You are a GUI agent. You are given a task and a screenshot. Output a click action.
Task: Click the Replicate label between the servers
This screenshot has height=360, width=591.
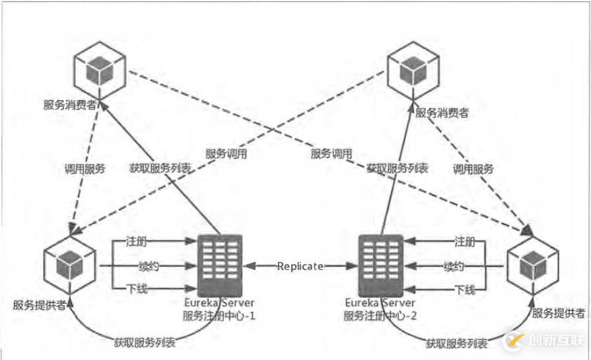click(300, 266)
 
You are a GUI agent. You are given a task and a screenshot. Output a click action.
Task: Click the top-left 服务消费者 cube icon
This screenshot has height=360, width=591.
click(100, 69)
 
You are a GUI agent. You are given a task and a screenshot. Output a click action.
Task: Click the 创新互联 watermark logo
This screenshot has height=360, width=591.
click(542, 340)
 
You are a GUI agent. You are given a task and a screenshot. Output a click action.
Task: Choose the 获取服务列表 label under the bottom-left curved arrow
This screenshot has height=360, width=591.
click(145, 343)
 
